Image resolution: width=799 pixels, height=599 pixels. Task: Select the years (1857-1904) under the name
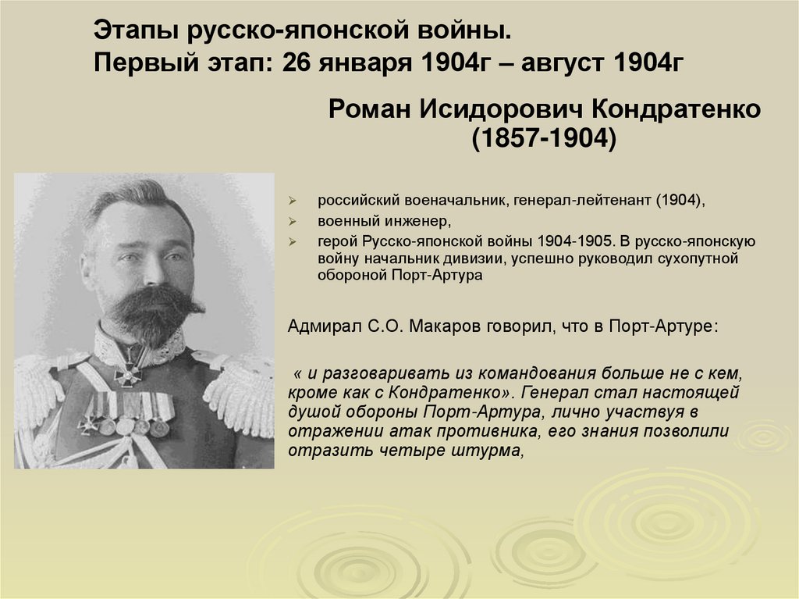point(543,138)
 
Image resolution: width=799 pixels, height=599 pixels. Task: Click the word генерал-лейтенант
point(584,200)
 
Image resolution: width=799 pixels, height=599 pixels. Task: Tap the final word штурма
point(489,451)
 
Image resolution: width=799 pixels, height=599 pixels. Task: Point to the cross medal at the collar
point(127,373)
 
